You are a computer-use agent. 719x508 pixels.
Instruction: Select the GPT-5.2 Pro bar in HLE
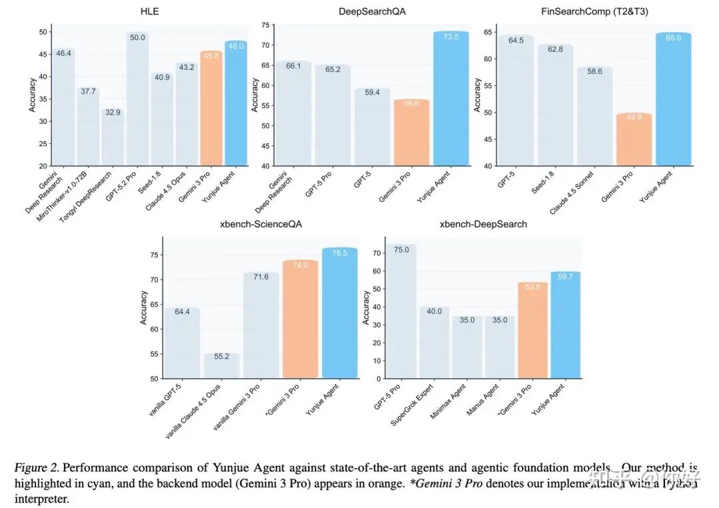[x=138, y=100]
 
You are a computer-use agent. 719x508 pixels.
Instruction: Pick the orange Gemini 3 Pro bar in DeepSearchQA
[x=411, y=133]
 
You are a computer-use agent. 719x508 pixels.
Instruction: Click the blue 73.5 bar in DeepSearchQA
[x=451, y=100]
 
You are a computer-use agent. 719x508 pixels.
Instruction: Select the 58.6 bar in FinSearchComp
[x=595, y=117]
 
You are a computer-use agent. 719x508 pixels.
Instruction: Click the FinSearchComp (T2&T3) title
[x=595, y=12]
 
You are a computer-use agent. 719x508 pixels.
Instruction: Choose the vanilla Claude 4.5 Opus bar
[x=222, y=366]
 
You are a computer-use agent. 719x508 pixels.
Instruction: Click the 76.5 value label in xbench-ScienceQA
[x=340, y=253]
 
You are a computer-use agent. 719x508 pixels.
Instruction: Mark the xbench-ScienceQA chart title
[x=260, y=224]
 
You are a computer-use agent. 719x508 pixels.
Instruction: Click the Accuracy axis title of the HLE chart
[x=33, y=95]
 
